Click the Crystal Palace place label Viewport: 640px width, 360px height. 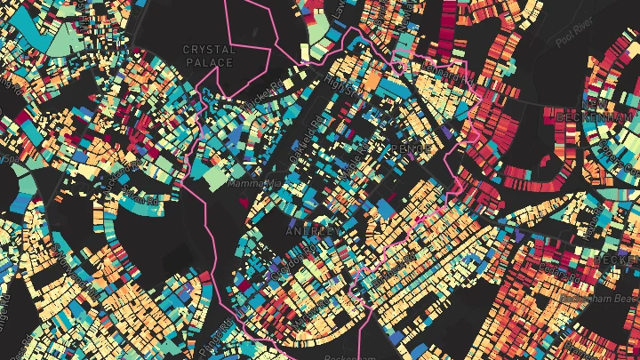tap(210, 56)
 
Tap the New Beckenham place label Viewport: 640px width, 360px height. tap(597, 108)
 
